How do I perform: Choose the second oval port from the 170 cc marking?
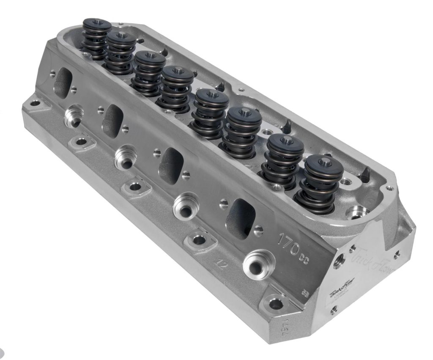(171, 165)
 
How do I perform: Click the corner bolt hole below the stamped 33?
(275, 303)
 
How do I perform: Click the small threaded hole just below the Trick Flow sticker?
(334, 311)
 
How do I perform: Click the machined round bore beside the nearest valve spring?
(353, 212)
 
